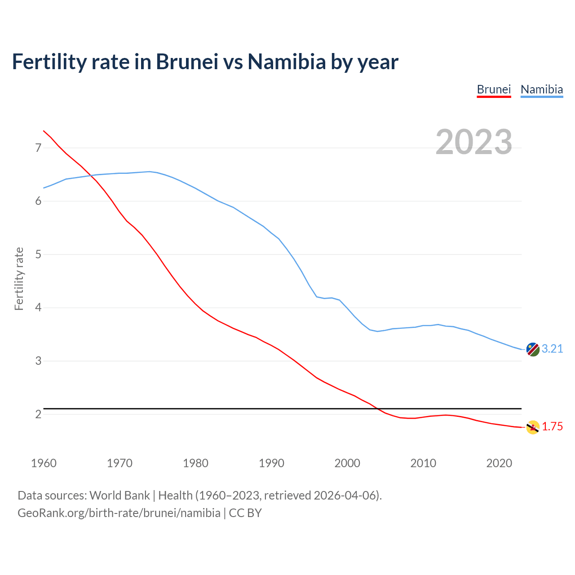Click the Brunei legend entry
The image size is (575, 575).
click(494, 89)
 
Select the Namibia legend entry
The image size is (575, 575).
click(541, 89)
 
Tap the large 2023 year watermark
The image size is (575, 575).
click(474, 142)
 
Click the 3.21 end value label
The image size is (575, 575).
click(552, 349)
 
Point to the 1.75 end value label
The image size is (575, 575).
click(552, 427)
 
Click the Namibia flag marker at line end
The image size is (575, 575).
click(533, 349)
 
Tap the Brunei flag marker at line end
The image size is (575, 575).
click(533, 427)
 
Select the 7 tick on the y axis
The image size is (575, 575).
click(38, 148)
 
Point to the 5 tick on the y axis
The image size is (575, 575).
click(38, 255)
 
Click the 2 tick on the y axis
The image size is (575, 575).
click(38, 414)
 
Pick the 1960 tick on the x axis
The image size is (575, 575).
click(44, 463)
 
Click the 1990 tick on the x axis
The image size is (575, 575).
click(271, 463)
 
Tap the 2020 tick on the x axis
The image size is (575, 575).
click(499, 463)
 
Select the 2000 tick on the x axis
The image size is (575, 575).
click(347, 463)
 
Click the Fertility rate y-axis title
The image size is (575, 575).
click(19, 279)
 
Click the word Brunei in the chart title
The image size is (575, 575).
click(187, 62)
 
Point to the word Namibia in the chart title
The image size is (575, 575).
click(286, 62)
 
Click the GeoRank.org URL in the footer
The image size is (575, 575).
click(119, 513)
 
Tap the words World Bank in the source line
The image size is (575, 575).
click(119, 495)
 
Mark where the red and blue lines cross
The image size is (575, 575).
click(89, 175)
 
